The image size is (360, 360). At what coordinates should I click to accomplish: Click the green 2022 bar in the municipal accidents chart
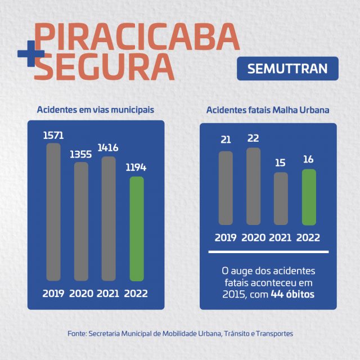point(137,228)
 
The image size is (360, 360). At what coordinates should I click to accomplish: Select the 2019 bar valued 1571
point(53,211)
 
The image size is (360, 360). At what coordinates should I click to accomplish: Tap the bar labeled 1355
point(82,221)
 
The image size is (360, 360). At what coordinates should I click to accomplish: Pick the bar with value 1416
point(109,218)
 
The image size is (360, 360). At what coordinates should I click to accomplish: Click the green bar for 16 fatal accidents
point(309,197)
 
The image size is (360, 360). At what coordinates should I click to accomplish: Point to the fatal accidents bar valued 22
point(254,186)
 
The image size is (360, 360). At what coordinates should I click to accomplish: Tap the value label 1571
point(53,135)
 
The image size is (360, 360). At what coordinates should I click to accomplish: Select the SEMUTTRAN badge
point(287,69)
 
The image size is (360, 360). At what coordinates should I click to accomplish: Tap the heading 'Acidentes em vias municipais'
point(96,109)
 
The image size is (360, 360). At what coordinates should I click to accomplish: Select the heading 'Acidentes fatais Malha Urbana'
point(268,110)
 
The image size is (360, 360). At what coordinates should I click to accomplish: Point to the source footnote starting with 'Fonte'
point(180,334)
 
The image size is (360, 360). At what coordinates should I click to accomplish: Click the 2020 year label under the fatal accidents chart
point(254,237)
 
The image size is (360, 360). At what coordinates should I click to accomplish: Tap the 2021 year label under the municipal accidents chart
point(109,293)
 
